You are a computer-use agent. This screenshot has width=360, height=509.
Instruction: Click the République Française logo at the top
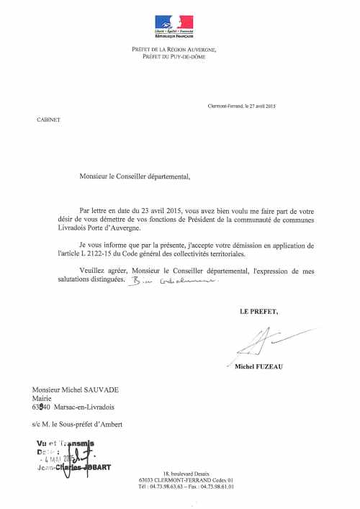click(174, 26)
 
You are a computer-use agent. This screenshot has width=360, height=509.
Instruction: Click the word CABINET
click(48, 120)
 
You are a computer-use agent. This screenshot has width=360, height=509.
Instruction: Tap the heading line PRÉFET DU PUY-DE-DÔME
click(174, 56)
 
